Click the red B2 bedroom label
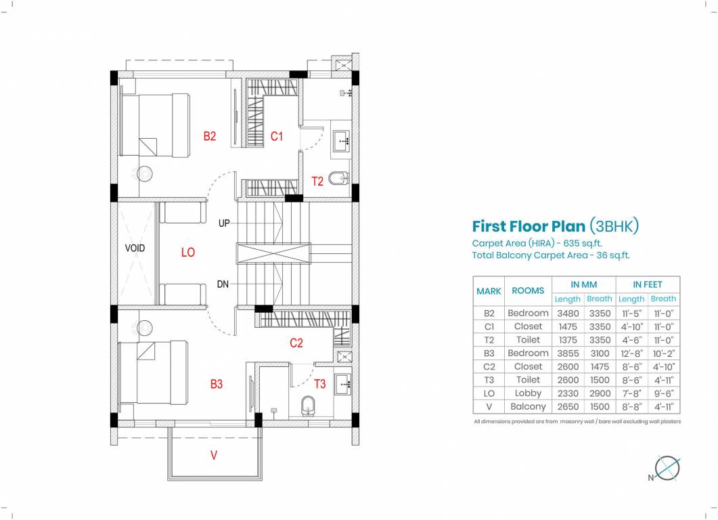click(210, 136)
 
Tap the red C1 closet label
click(276, 136)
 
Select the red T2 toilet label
click(317, 181)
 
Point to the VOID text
click(135, 248)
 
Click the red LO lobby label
click(188, 252)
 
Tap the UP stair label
click(224, 223)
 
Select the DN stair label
click(223, 285)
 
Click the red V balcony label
click(214, 456)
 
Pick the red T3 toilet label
click(319, 384)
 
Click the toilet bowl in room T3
click(307, 406)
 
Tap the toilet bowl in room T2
click(338, 179)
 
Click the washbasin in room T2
click(341, 141)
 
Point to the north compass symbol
click(668, 468)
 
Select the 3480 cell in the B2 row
click(567, 313)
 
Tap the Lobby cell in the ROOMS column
click(528, 393)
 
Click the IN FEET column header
click(647, 284)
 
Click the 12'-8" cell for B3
click(631, 353)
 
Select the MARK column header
click(489, 291)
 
